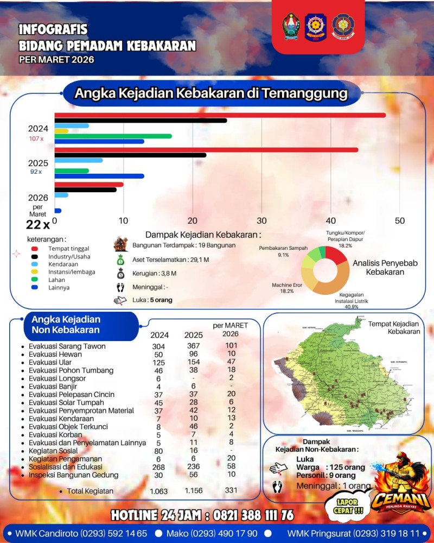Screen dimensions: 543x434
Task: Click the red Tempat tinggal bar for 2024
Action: pos(220,115)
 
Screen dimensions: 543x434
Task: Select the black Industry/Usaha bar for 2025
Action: pos(130,155)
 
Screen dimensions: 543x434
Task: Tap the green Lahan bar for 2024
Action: pos(113,136)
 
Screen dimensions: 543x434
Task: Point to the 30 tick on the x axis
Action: pos(261,221)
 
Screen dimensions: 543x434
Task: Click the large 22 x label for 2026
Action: pos(38,224)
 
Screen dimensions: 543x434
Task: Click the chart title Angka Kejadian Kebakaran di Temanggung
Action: pos(210,93)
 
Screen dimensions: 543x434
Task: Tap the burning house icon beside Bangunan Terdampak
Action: pos(120,245)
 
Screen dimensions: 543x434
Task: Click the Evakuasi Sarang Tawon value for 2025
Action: pos(193,346)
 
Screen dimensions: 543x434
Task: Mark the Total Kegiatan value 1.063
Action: pos(159,491)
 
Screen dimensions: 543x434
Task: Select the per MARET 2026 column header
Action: pos(230,329)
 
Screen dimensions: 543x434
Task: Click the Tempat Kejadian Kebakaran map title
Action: pos(394,327)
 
